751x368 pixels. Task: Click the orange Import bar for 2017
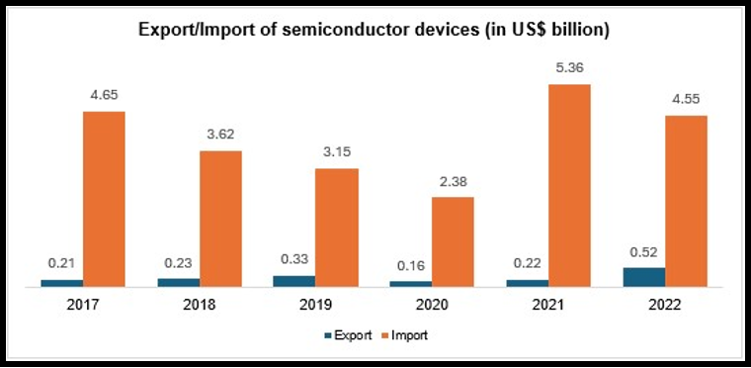click(x=104, y=199)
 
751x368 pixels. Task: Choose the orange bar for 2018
click(x=220, y=219)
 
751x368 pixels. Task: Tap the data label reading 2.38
click(x=453, y=181)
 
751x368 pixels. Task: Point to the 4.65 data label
click(x=104, y=95)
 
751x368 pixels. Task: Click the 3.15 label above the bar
click(x=337, y=152)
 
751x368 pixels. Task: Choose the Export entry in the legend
click(x=348, y=336)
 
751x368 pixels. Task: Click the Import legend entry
click(x=404, y=336)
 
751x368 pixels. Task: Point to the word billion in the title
click(x=574, y=31)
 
